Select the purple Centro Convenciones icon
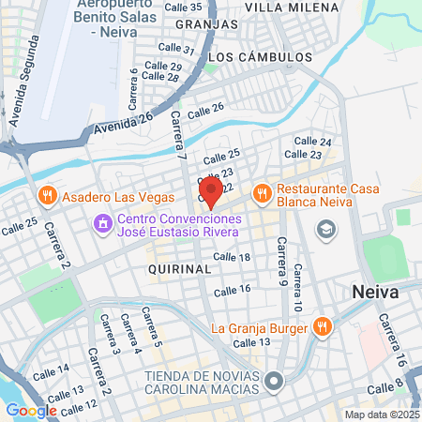click(x=102, y=224)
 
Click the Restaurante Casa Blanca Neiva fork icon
click(x=262, y=192)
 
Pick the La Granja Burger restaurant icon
click(x=322, y=327)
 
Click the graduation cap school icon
click(x=325, y=229)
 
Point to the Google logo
click(x=32, y=410)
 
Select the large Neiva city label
click(x=375, y=292)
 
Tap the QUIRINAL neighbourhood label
click(x=179, y=268)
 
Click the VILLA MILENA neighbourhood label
click(x=291, y=7)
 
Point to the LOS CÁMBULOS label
click(x=259, y=57)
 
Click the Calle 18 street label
click(x=232, y=257)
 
